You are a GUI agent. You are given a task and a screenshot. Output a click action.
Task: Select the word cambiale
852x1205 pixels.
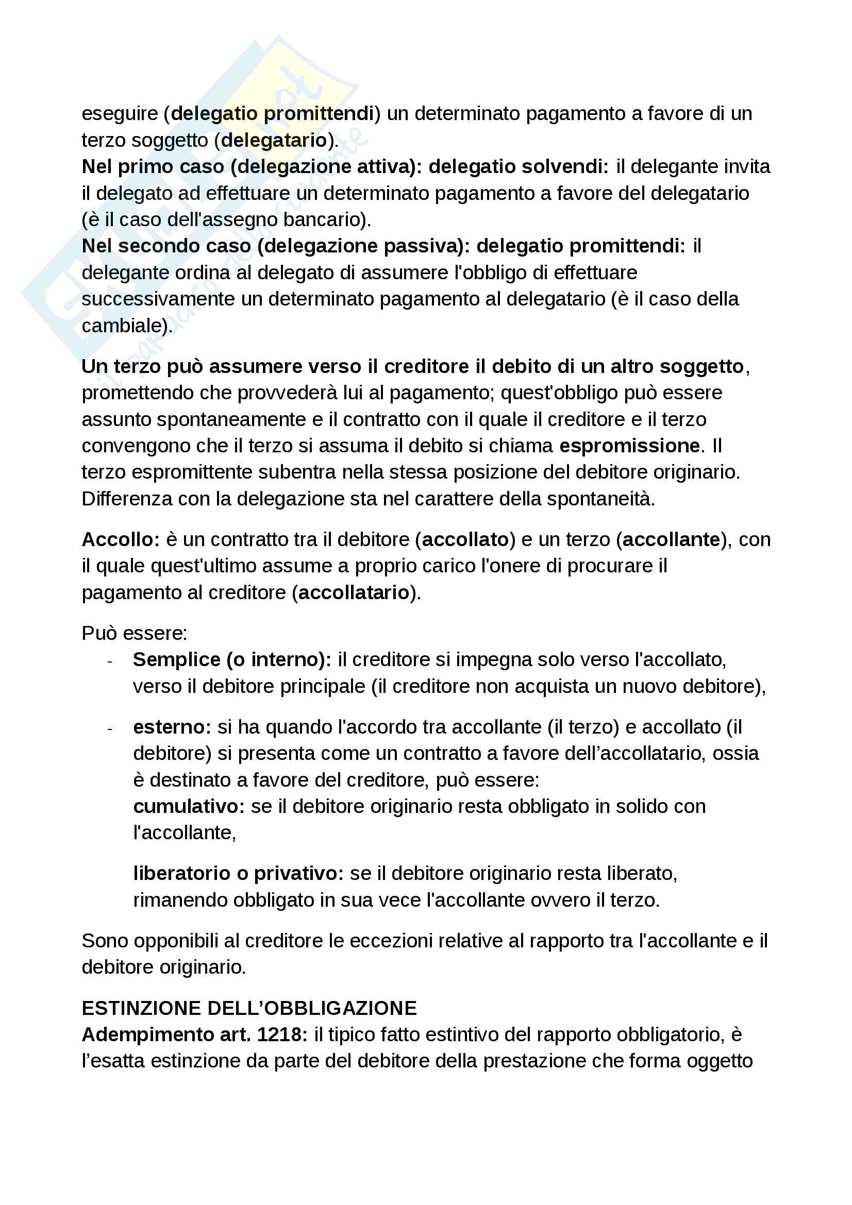pyautogui.click(x=125, y=326)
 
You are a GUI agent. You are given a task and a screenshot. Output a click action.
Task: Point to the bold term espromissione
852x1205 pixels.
pyautogui.click(x=629, y=446)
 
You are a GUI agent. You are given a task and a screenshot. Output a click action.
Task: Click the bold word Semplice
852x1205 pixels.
pyautogui.click(x=176, y=660)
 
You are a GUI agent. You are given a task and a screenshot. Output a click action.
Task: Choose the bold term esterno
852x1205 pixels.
pyautogui.click(x=172, y=727)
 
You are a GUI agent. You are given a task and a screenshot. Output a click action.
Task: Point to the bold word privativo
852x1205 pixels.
pyautogui.click(x=298, y=873)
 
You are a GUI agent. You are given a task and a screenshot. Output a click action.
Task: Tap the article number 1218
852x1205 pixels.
pyautogui.click(x=282, y=1034)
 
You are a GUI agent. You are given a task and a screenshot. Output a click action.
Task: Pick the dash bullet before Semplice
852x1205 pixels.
pyautogui.click(x=110, y=661)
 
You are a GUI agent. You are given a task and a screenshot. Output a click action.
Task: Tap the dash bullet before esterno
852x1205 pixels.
pyautogui.click(x=110, y=728)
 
